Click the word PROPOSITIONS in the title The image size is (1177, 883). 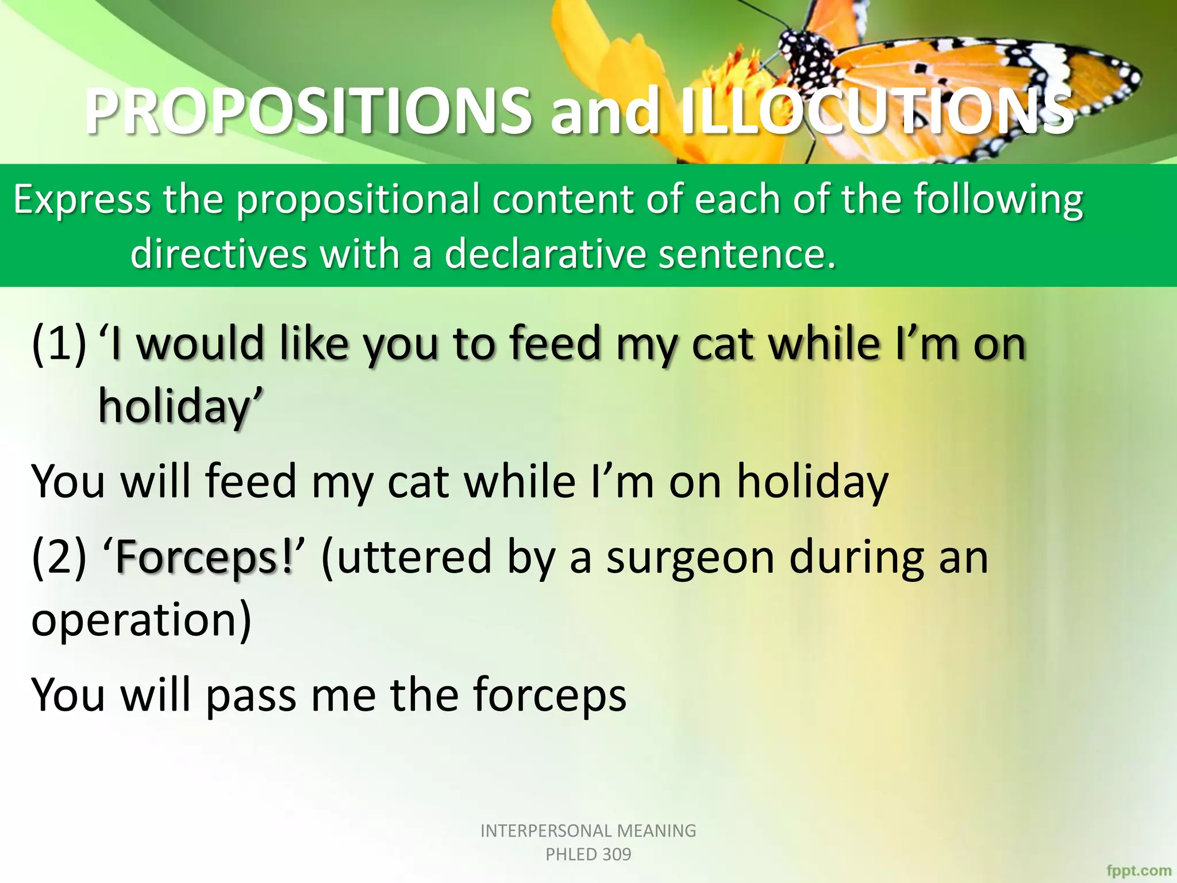(x=308, y=110)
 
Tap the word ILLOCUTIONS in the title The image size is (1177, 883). (x=876, y=110)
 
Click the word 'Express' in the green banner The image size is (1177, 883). (x=82, y=200)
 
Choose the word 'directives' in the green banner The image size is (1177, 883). (x=218, y=254)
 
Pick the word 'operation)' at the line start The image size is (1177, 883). (x=141, y=620)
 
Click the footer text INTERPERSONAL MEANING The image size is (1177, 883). (x=588, y=831)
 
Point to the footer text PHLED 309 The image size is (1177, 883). (x=588, y=854)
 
